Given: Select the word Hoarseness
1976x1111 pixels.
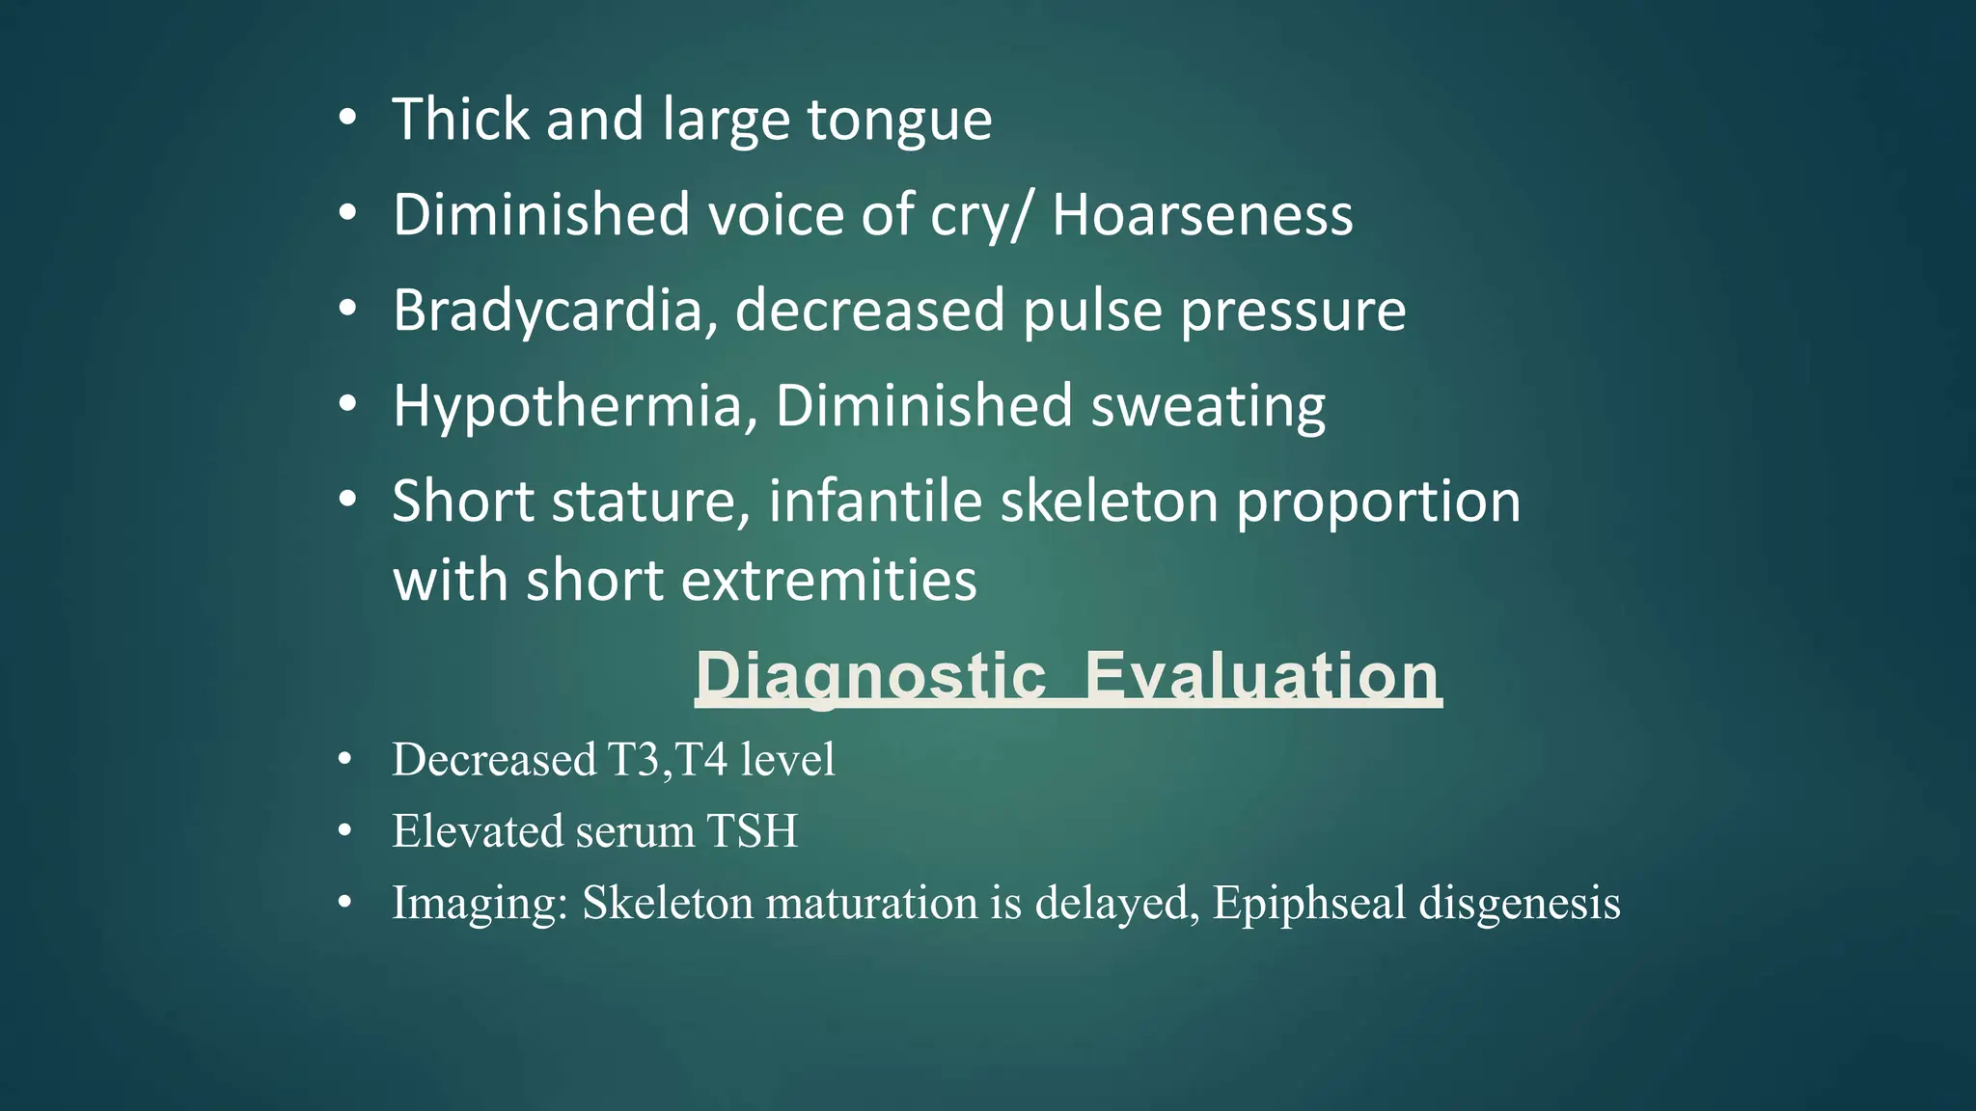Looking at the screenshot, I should [x=1202, y=214].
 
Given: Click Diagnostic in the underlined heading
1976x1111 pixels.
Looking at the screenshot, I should [x=870, y=676].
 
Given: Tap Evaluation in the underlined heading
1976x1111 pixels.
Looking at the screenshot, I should [x=1263, y=676].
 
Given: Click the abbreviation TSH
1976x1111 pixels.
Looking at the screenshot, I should [x=752, y=831].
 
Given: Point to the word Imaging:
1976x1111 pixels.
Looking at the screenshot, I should [x=480, y=904].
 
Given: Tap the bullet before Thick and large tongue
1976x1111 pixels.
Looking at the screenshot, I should [x=347, y=120].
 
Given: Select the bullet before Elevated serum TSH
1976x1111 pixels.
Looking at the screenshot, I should [x=345, y=830].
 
